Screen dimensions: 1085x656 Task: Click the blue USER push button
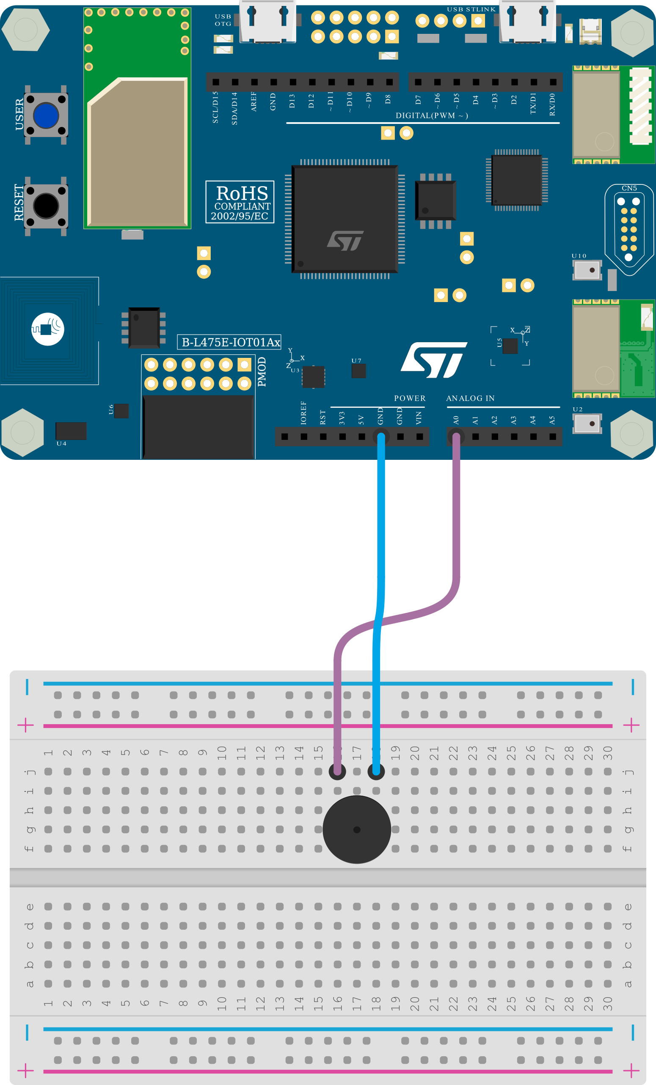tap(46, 115)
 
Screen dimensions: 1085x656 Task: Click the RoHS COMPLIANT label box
tap(240, 202)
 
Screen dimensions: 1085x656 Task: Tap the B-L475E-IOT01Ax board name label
tap(229, 342)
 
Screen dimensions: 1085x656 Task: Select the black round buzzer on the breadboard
tap(356, 829)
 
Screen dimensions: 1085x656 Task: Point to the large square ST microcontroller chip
tap(345, 219)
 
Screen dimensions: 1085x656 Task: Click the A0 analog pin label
tap(456, 420)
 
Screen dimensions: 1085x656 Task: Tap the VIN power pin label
tap(419, 418)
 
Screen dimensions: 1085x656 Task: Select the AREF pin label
tap(254, 101)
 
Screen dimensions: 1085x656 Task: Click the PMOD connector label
tap(262, 372)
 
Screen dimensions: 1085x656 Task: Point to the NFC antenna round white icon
tap(47, 329)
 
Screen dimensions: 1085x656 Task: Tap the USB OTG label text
tap(223, 20)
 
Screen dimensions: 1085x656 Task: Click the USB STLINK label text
tap(471, 9)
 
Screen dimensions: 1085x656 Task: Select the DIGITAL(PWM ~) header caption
tap(431, 115)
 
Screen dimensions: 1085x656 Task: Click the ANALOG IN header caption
tap(470, 398)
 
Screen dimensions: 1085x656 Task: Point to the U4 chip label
tap(61, 443)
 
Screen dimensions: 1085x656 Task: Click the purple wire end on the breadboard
tap(337, 771)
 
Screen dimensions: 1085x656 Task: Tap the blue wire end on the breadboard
tap(376, 771)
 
